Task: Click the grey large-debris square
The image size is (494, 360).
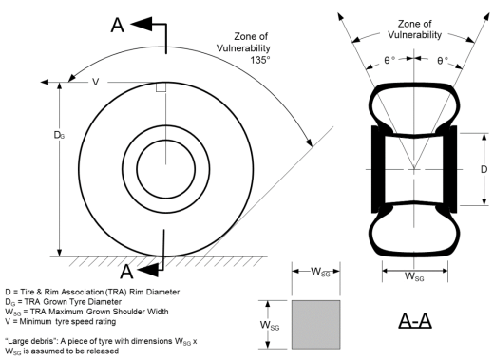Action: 316,325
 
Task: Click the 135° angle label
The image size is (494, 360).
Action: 260,60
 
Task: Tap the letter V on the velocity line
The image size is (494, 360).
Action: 95,82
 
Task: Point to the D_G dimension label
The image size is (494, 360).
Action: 59,135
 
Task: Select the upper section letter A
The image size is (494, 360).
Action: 118,25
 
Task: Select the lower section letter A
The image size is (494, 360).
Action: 126,272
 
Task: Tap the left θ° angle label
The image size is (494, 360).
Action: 389,60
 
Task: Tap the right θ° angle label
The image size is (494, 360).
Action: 443,60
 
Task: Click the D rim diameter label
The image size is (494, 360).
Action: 484,169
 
